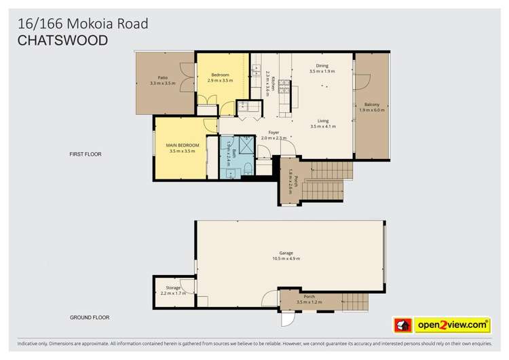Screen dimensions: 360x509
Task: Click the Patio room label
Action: pos(163,78)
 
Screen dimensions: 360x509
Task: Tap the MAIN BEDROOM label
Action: pos(183,145)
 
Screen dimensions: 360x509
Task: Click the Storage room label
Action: pos(173,288)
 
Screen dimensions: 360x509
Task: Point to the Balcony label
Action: pos(371,104)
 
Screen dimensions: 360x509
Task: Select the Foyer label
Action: pos(274,132)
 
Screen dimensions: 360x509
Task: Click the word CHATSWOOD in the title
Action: pos(62,40)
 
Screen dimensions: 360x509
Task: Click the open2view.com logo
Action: pos(453,325)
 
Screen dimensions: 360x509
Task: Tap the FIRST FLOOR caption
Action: pos(86,154)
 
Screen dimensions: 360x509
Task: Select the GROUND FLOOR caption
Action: pos(90,317)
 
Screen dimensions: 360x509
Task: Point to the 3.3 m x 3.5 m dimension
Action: pos(163,84)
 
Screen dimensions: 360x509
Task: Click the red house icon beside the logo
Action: pos(401,325)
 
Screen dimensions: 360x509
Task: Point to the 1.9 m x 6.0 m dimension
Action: pos(371,109)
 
